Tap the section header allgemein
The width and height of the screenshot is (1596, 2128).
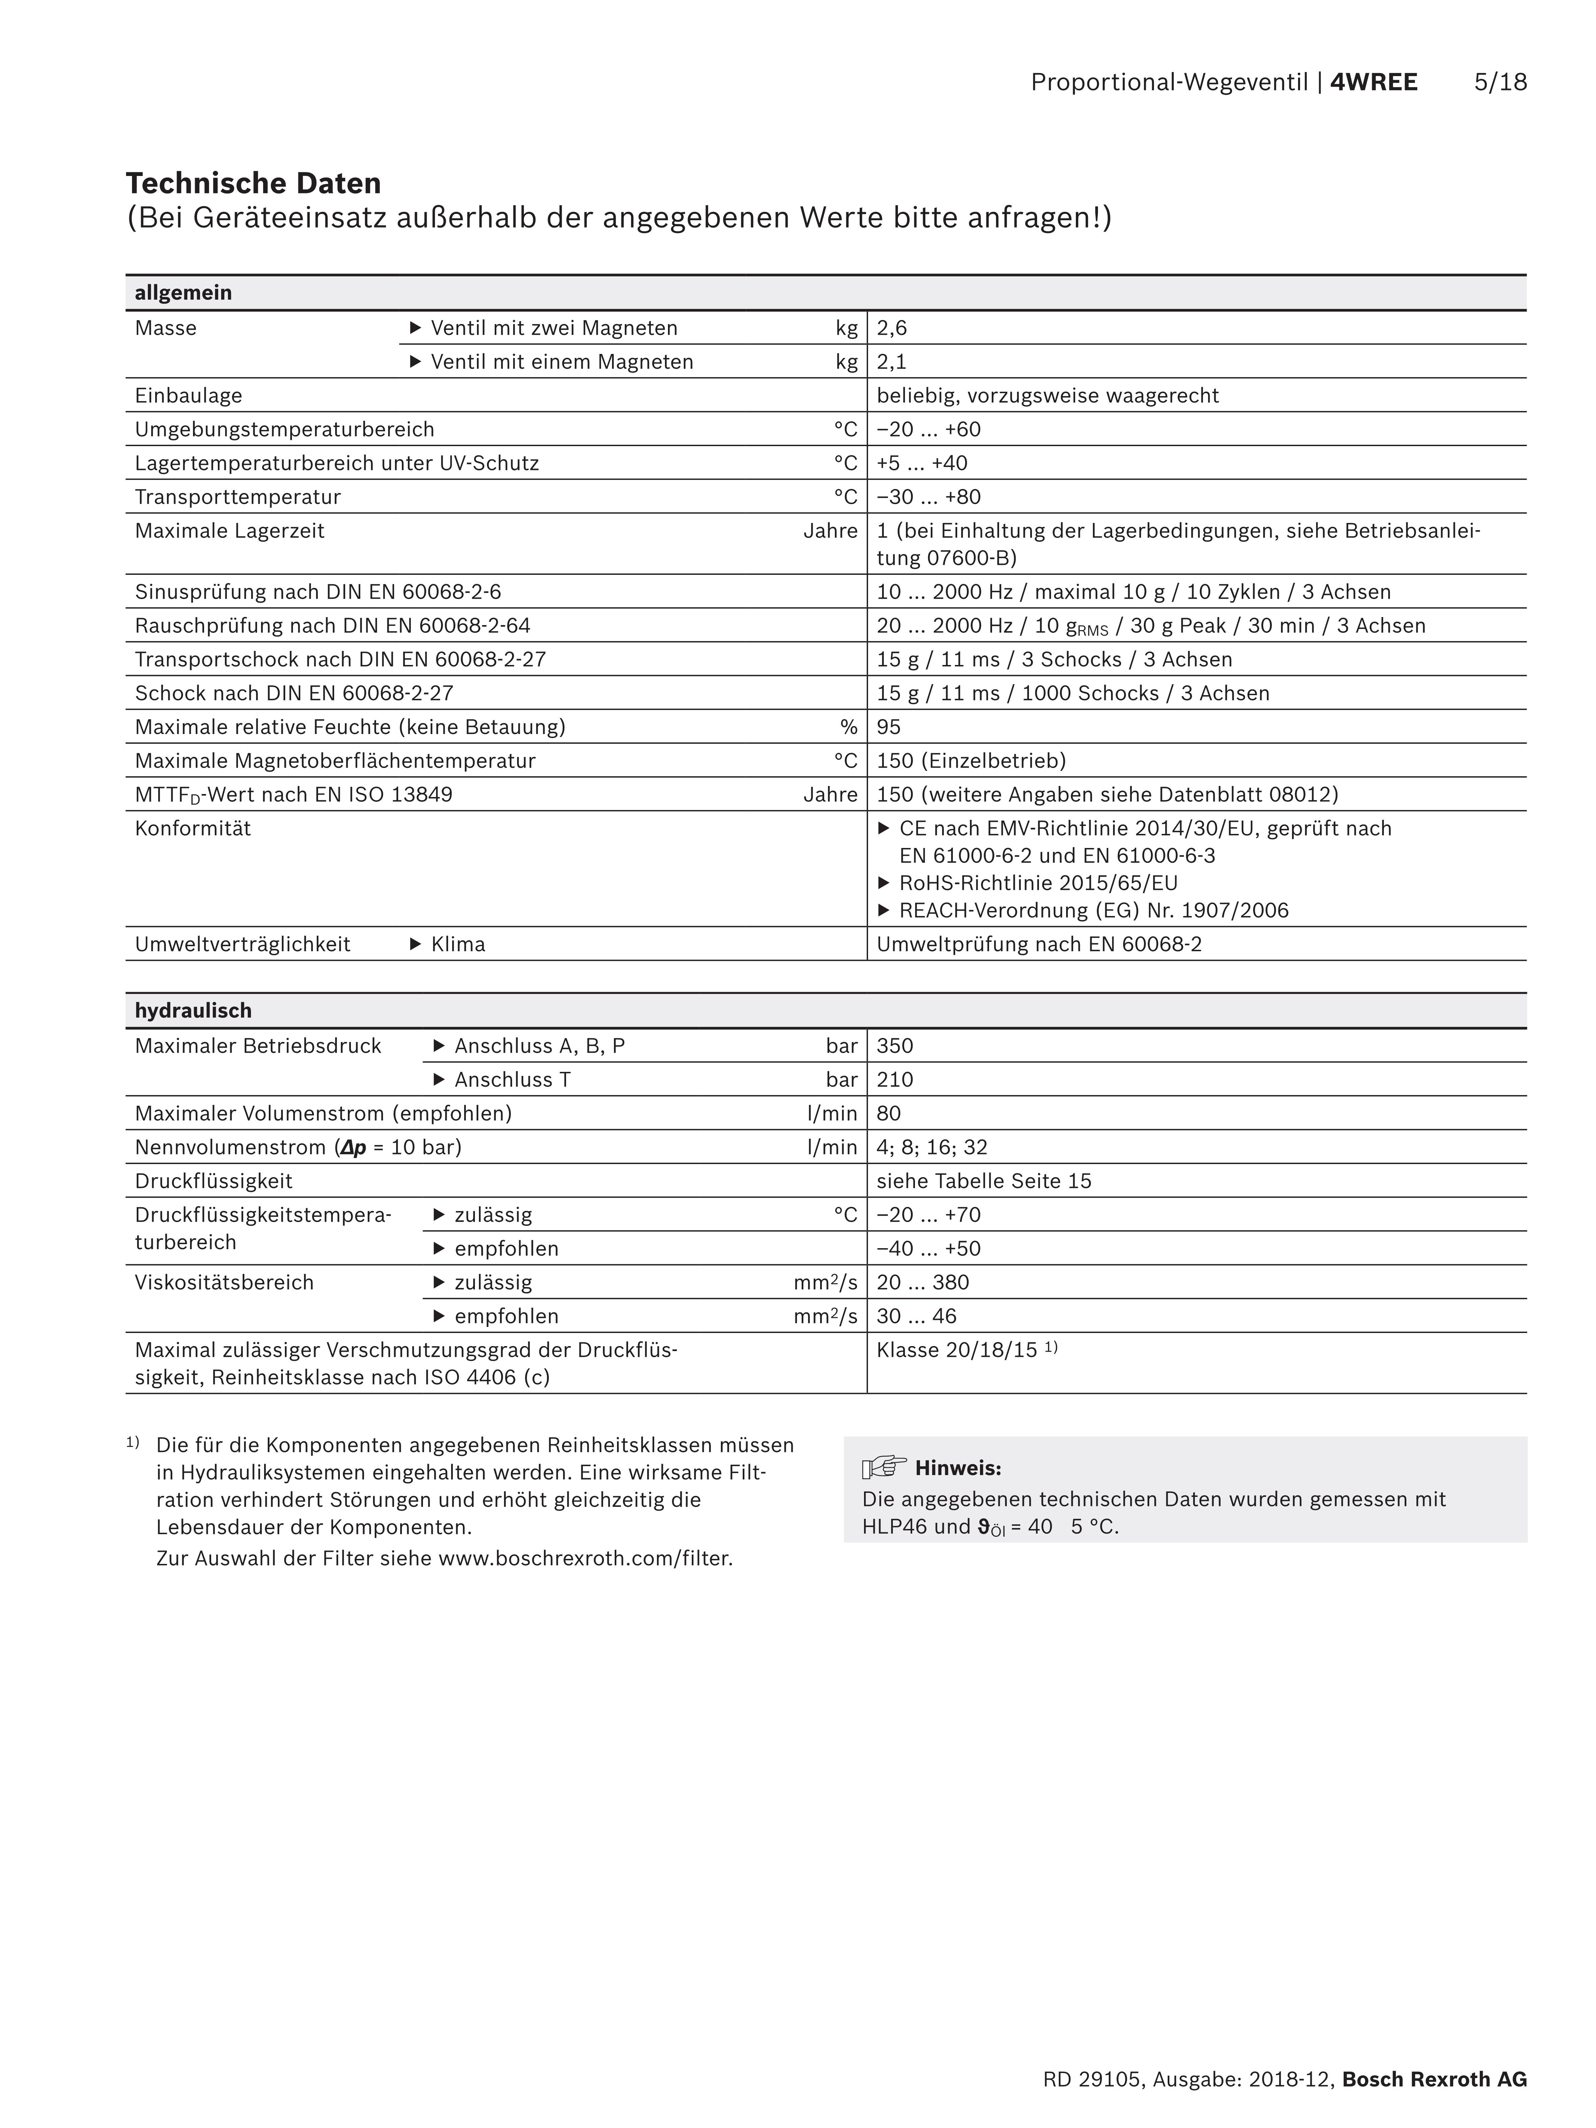[183, 293]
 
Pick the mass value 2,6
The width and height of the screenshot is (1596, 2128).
[892, 328]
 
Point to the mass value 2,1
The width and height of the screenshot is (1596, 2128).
[892, 362]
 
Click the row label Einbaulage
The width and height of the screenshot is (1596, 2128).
[189, 396]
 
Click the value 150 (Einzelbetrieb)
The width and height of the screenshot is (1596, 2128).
[971, 761]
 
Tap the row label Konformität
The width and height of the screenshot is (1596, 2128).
[192, 828]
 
